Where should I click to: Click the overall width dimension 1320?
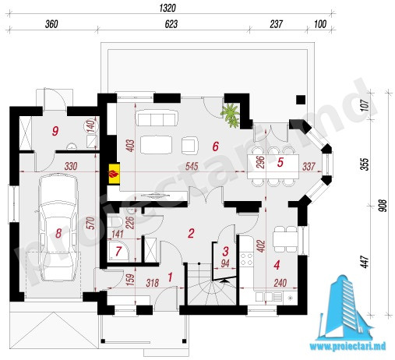pos(168,8)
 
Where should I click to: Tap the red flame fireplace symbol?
pos(114,174)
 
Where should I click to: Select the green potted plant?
pos(230,115)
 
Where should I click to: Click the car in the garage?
pos(58,228)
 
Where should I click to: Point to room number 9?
pos(55,131)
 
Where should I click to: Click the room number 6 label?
pos(215,146)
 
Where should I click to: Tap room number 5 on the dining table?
pos(280,162)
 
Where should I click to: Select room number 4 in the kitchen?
pos(277,265)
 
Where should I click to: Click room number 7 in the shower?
pos(118,251)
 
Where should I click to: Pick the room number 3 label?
pos(225,251)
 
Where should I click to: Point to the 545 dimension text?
pos(192,166)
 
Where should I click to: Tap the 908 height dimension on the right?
pos(383,206)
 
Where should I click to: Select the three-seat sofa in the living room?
pos(157,118)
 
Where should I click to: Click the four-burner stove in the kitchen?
pos(246,259)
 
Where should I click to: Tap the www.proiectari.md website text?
pos(347,346)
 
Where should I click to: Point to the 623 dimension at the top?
pos(171,24)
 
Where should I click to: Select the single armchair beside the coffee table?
pos(190,145)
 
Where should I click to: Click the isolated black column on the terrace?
pos(301,100)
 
